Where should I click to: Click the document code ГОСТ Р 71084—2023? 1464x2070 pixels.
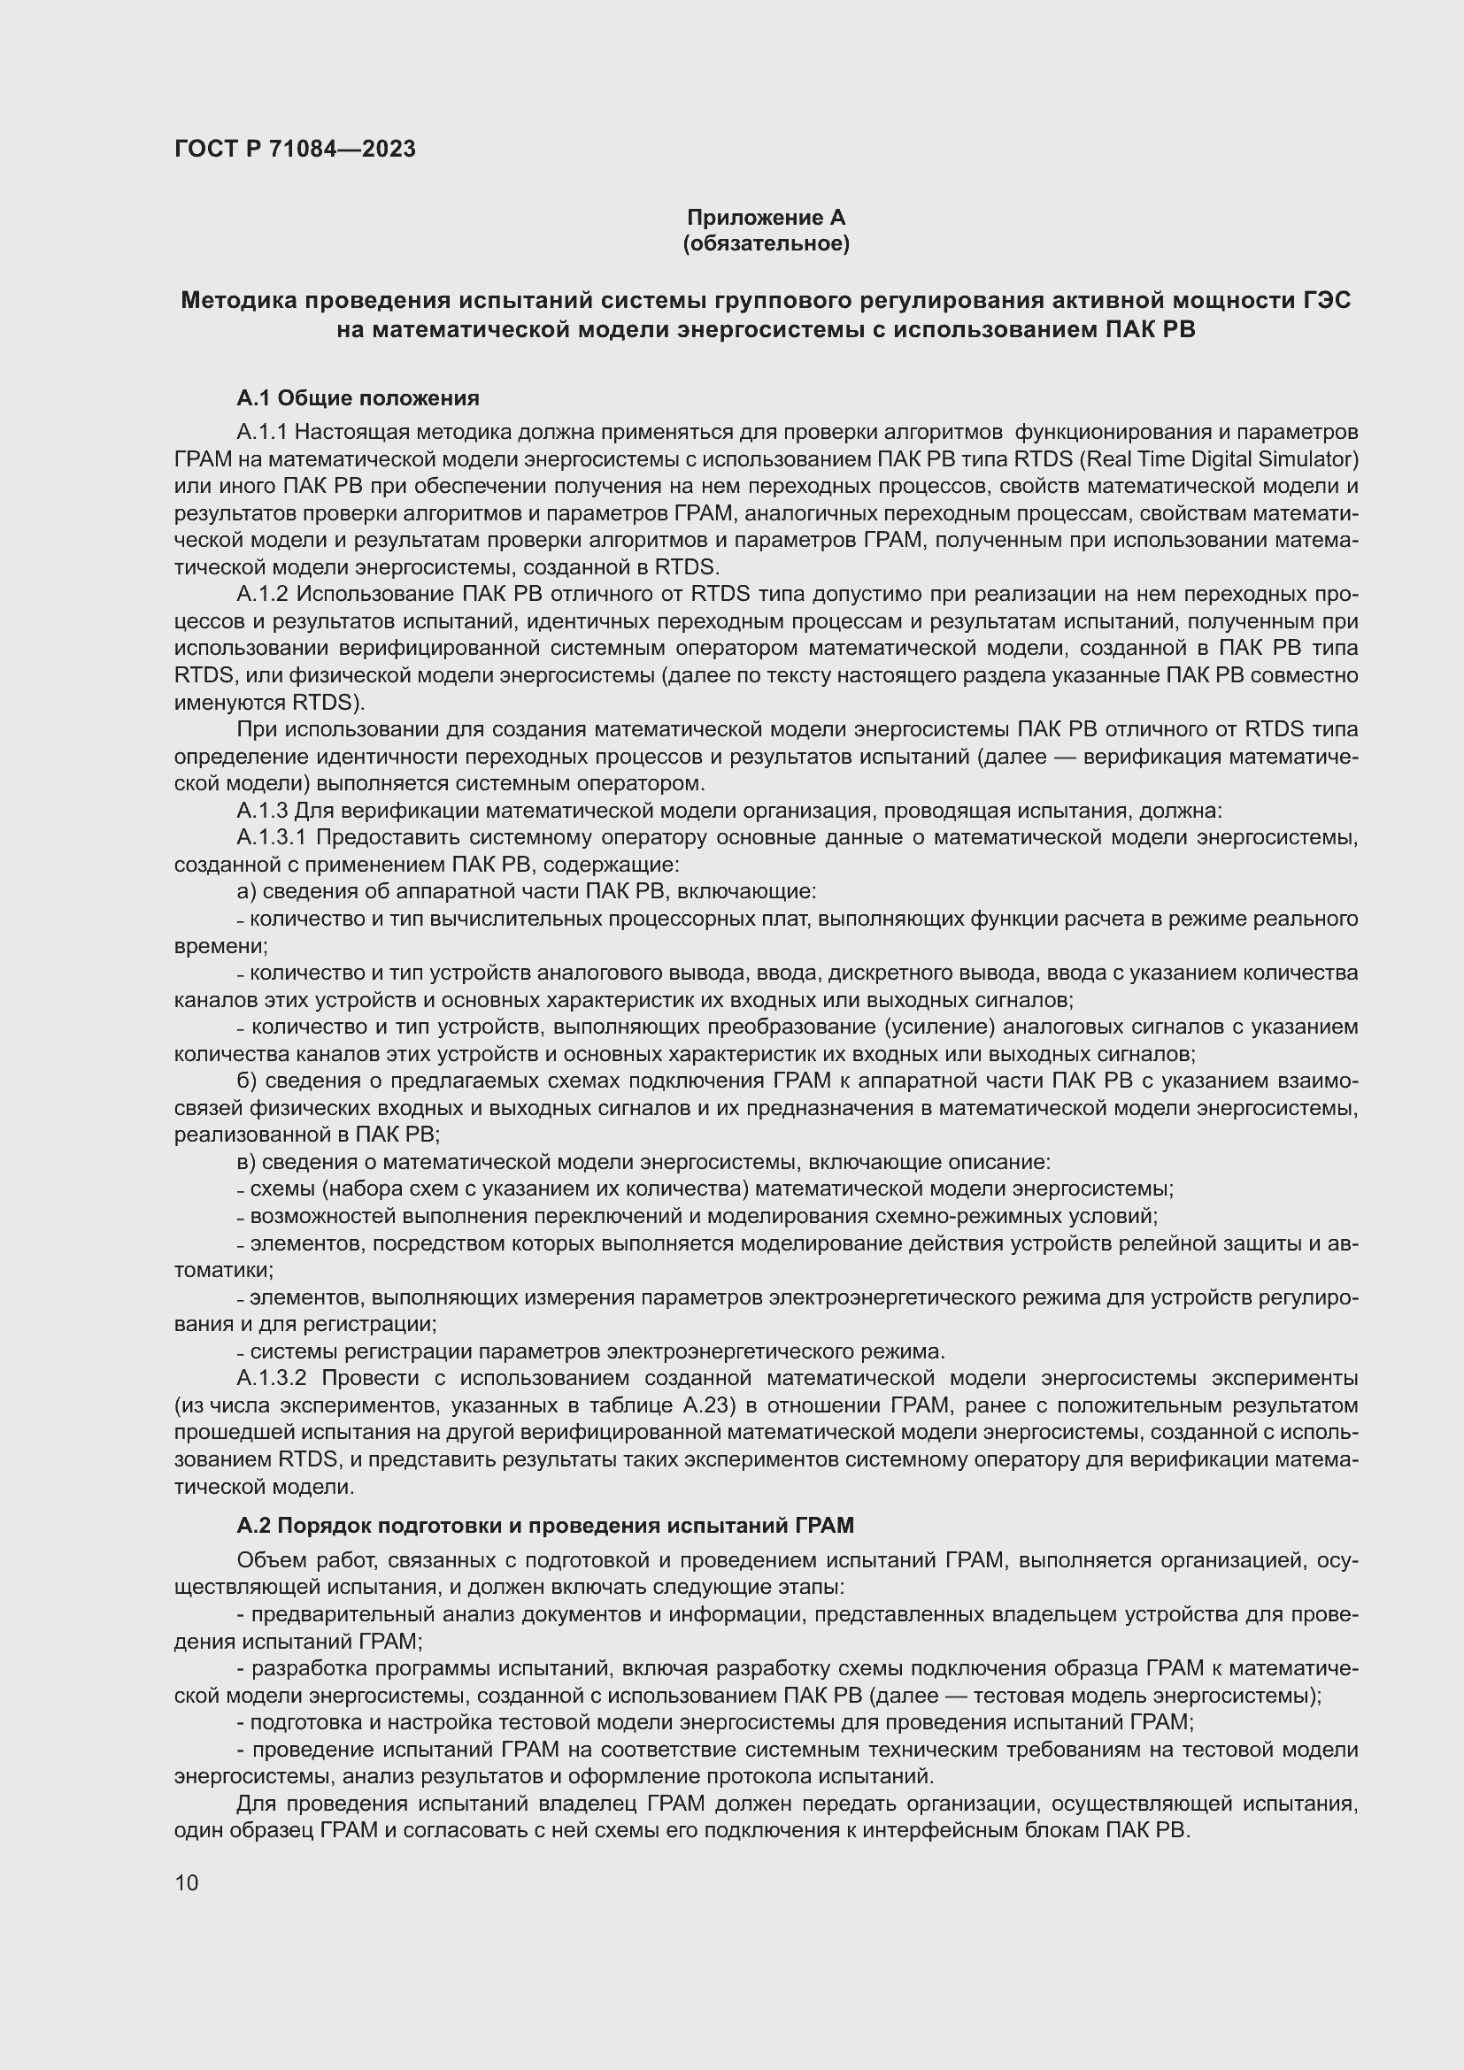click(295, 149)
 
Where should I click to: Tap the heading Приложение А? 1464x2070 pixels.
click(766, 218)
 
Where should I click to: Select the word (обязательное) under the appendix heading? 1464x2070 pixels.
click(766, 243)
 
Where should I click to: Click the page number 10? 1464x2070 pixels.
click(187, 1882)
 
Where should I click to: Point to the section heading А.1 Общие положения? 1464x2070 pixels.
click(358, 397)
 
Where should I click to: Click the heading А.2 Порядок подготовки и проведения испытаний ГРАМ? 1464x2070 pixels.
click(544, 1525)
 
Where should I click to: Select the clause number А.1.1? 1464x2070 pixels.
click(261, 432)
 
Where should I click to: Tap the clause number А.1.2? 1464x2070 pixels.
click(261, 594)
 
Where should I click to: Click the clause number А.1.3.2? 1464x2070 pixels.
click(273, 1379)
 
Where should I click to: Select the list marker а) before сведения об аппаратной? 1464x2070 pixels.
click(247, 892)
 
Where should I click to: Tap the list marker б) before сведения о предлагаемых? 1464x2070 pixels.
click(247, 1081)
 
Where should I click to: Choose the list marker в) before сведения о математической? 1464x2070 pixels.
click(247, 1162)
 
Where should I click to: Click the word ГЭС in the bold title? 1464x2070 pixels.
click(1326, 300)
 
